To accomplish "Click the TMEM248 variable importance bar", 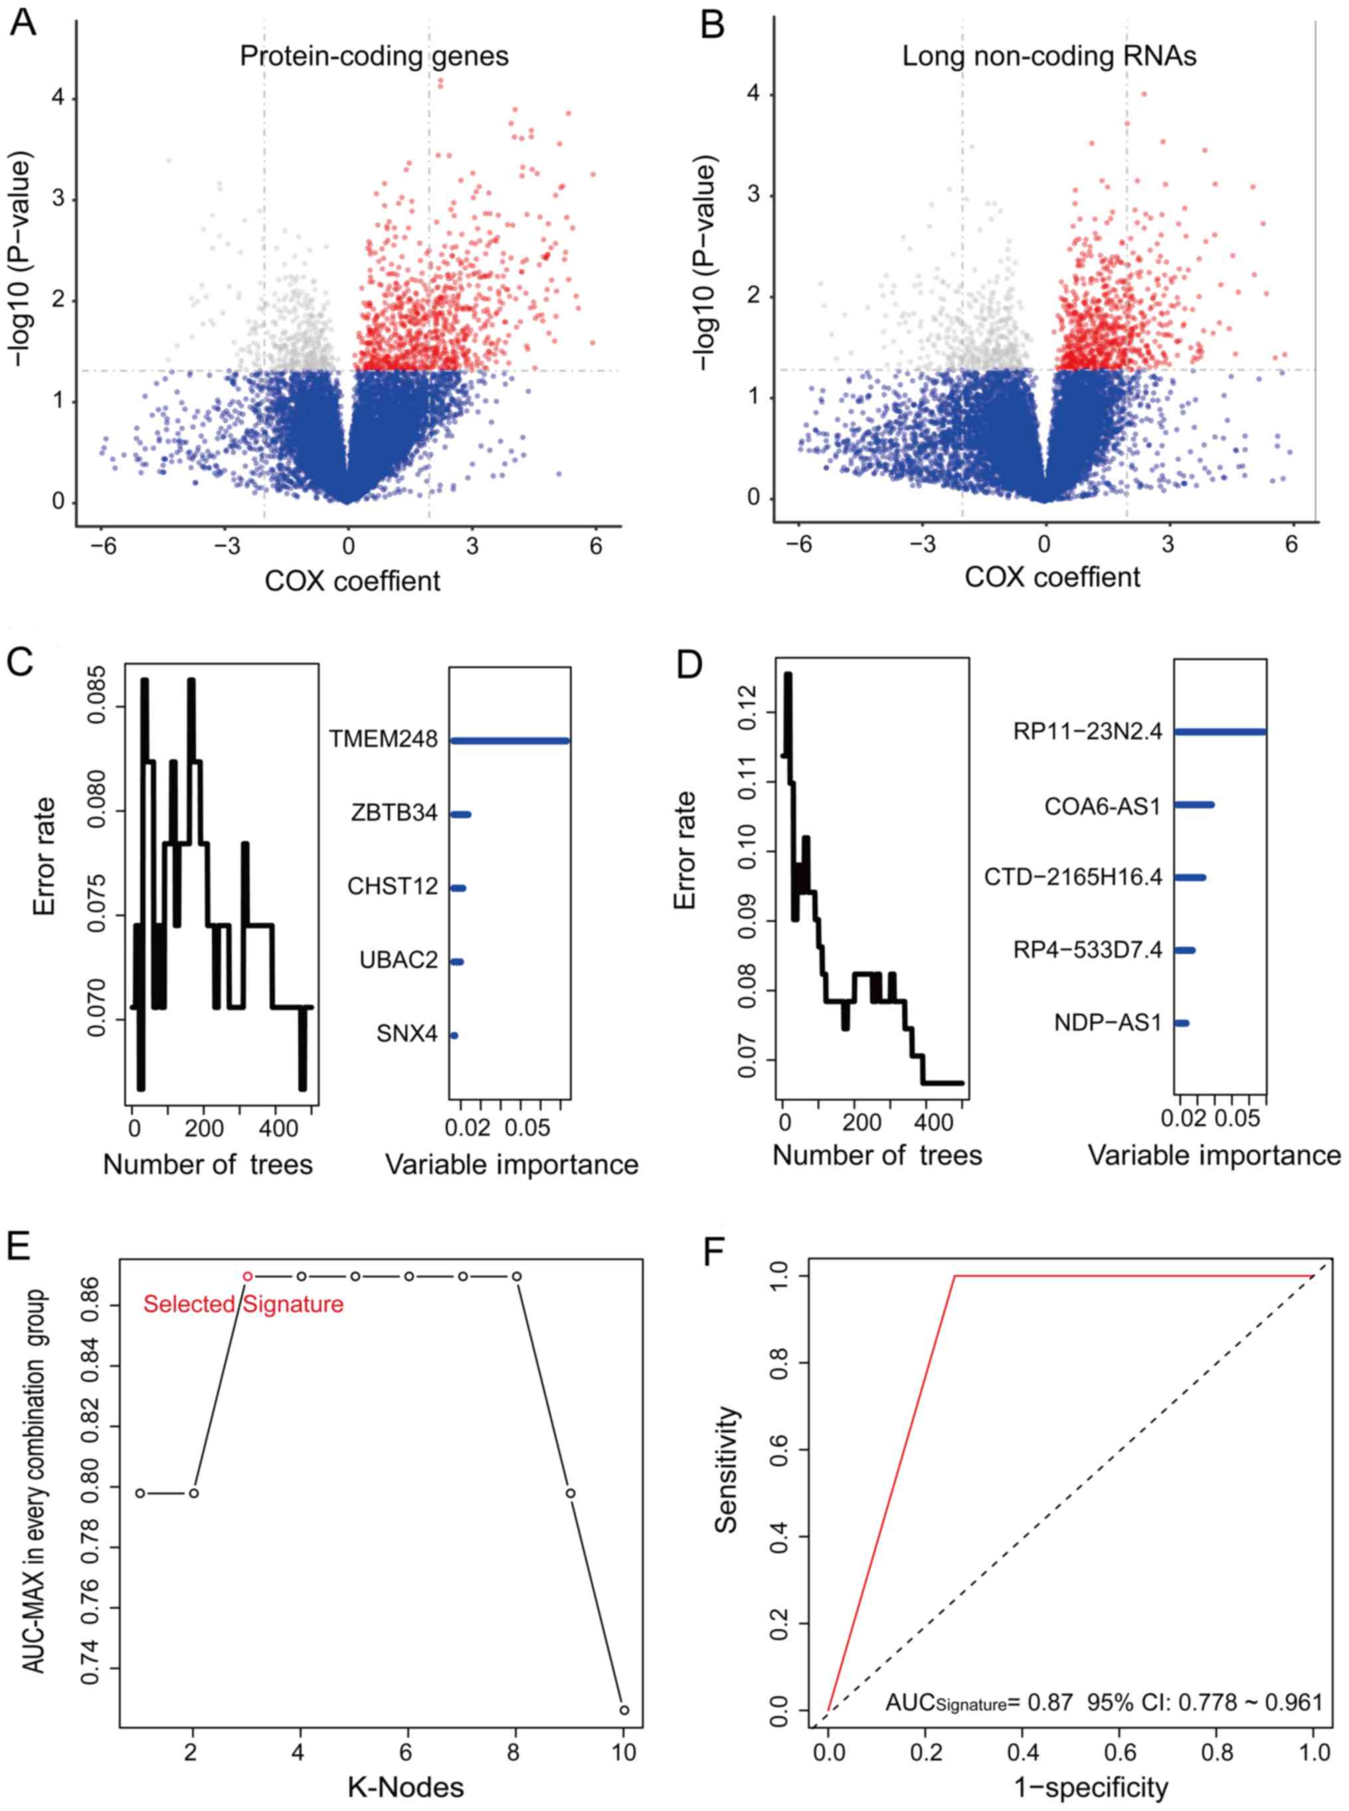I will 509,741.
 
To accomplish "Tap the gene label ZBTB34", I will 395,814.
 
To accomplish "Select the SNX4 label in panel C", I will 406,1034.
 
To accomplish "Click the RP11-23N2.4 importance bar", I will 1220,732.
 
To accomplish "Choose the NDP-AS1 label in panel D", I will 1107,1022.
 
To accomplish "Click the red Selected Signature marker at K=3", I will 248,1277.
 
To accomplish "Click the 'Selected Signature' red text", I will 243,1305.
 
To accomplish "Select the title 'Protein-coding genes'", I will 374,56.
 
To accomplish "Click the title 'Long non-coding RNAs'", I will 1049,56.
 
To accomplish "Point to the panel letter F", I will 716,1252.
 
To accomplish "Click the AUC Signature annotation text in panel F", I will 1103,1701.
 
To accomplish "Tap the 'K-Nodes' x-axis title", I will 406,1786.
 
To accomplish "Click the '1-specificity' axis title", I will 1091,1786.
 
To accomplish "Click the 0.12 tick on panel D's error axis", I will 747,712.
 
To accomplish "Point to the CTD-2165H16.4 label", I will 1073,878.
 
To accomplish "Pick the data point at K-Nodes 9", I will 571,1493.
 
